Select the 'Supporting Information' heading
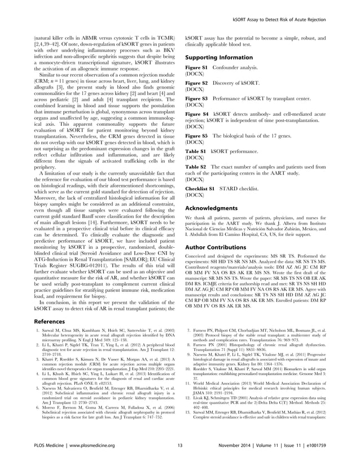click(215, 58)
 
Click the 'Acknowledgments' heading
click(209, 208)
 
